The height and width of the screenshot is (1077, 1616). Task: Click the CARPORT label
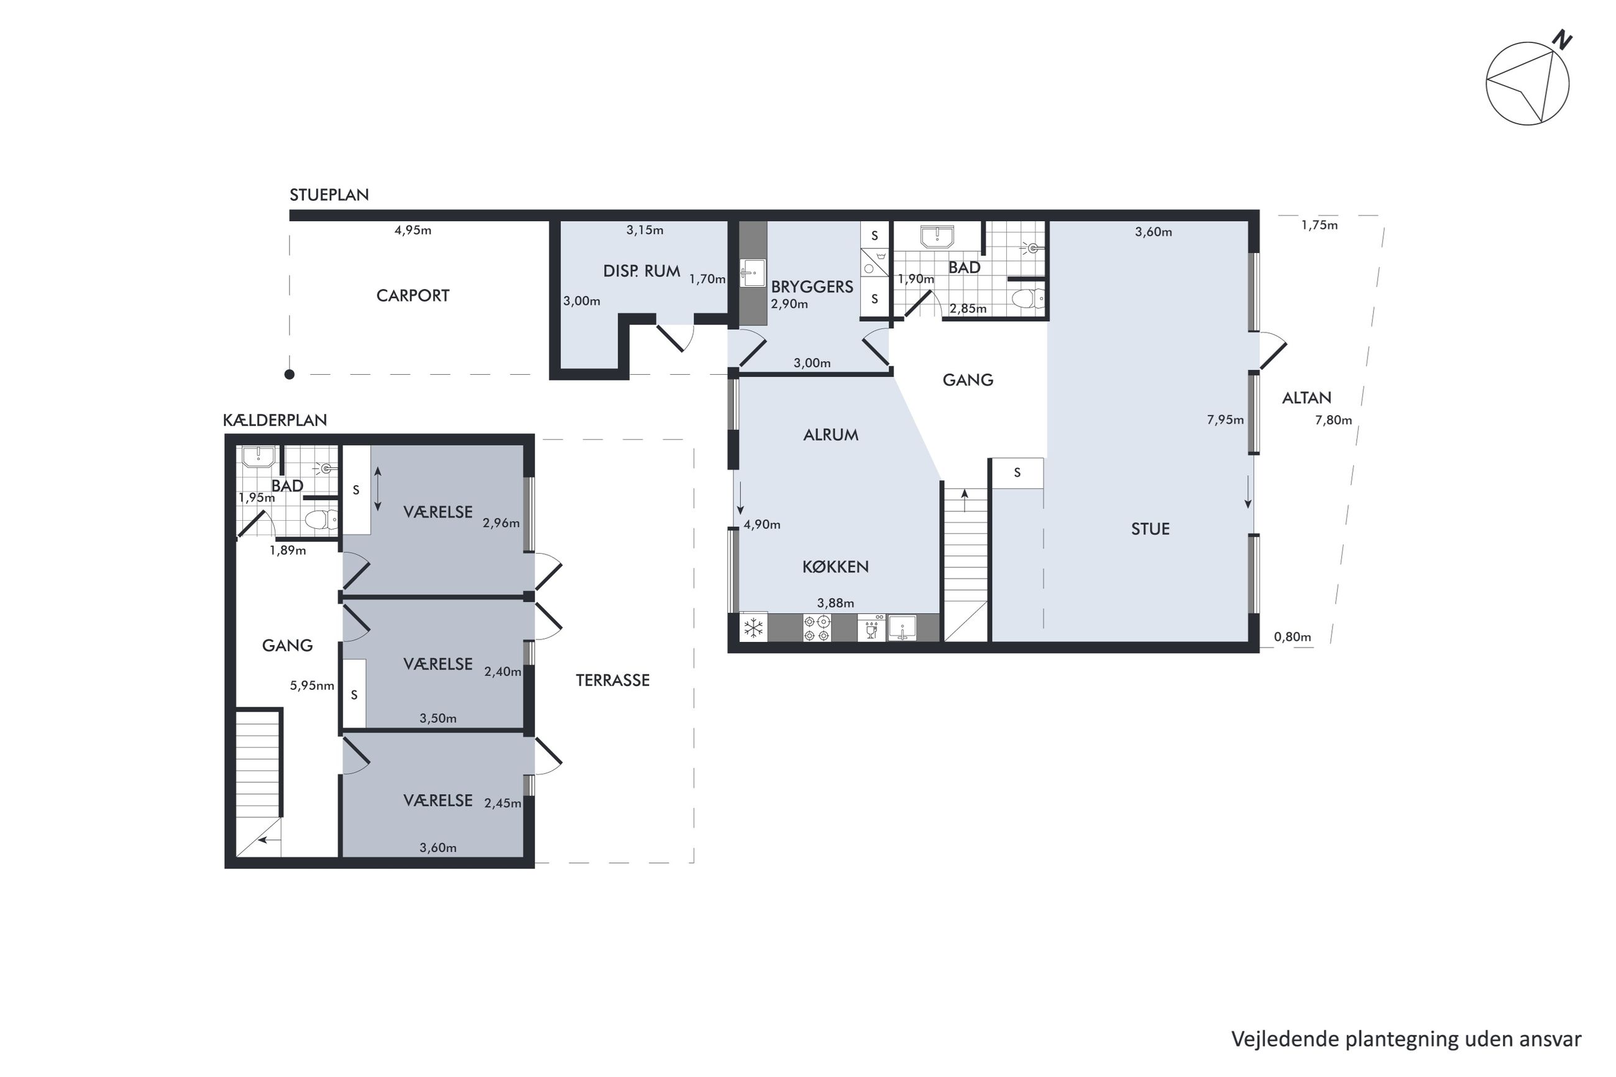point(413,295)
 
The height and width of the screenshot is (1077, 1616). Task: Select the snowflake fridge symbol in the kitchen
point(753,628)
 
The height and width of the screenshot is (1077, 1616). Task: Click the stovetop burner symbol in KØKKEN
point(817,628)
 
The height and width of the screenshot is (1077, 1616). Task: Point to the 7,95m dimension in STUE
point(1225,419)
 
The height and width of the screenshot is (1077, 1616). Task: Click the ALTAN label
point(1306,398)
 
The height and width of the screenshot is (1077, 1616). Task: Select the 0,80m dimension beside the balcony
point(1293,637)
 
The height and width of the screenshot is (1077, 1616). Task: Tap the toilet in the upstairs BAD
point(1028,300)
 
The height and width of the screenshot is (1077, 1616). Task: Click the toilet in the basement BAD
point(321,520)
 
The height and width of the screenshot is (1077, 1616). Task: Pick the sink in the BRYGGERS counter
point(753,273)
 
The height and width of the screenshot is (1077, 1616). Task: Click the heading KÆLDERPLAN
point(275,420)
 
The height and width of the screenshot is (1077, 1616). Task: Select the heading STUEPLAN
point(329,195)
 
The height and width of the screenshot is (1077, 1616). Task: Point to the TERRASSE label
point(613,680)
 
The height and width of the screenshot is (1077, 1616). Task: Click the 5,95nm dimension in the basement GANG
point(312,685)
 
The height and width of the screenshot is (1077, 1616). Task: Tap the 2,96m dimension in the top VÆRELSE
point(501,523)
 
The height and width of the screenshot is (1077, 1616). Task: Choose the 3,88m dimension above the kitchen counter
point(835,603)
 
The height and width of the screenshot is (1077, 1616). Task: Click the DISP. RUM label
point(641,272)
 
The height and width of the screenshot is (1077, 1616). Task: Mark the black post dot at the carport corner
point(290,374)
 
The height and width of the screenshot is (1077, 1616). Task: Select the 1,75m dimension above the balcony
point(1320,224)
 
